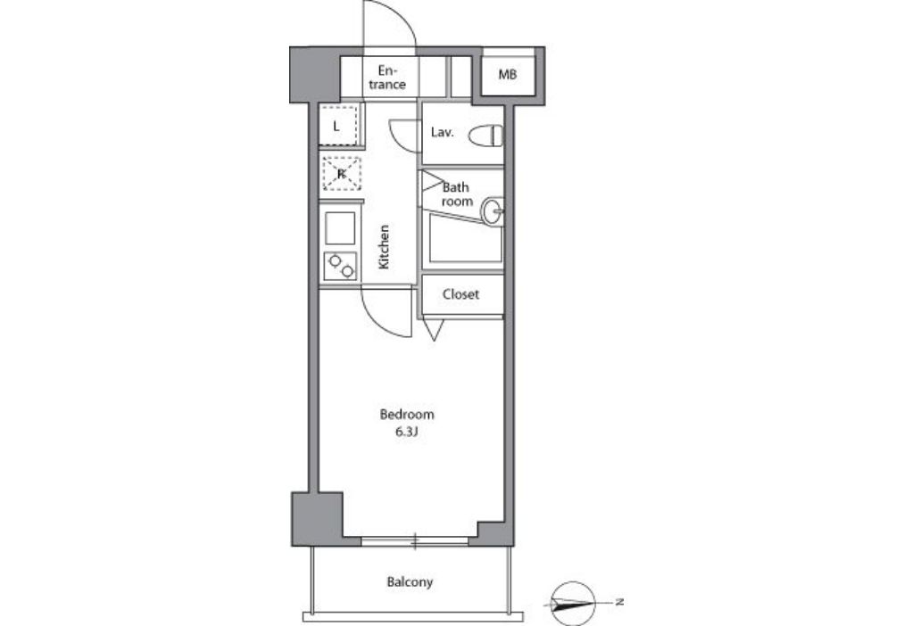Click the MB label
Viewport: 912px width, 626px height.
pyautogui.click(x=507, y=75)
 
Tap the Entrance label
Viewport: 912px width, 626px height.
pyautogui.click(x=387, y=78)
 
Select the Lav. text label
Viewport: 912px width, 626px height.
pyautogui.click(x=442, y=133)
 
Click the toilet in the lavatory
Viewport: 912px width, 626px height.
pyautogui.click(x=485, y=136)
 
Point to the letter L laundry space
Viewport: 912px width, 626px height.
pyautogui.click(x=337, y=126)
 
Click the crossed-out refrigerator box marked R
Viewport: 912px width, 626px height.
pyautogui.click(x=342, y=174)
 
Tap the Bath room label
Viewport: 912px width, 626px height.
pyautogui.click(x=457, y=194)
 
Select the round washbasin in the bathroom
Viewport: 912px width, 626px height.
pyautogui.click(x=493, y=211)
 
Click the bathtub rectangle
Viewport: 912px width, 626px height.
pyautogui.click(x=465, y=238)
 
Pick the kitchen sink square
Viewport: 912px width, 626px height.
pyautogui.click(x=340, y=228)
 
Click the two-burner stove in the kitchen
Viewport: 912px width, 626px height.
pyautogui.click(x=340, y=267)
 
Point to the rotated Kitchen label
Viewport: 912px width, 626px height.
pyautogui.click(x=384, y=247)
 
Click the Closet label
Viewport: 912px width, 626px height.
pyautogui.click(x=460, y=294)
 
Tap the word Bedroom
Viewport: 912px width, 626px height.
pyautogui.click(x=407, y=415)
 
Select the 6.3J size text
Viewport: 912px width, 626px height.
pyautogui.click(x=407, y=432)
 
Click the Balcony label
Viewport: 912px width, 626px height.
pyautogui.click(x=410, y=581)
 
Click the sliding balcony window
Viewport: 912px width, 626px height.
pyautogui.click(x=415, y=541)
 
